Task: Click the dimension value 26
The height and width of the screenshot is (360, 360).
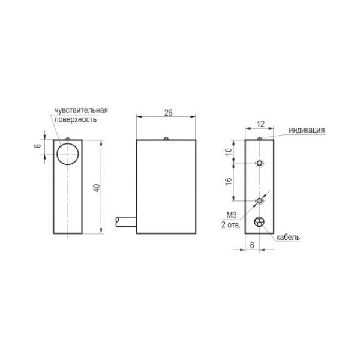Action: (168, 113)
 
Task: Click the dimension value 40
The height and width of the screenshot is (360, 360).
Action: (97, 188)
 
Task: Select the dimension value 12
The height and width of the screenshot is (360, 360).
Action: (260, 124)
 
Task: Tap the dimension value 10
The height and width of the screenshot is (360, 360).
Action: (229, 152)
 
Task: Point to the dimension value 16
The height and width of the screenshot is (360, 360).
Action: (229, 181)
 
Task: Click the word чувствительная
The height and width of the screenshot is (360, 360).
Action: (81, 110)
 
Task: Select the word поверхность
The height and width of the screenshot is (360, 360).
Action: (76, 119)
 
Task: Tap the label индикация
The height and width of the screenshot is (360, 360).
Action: (307, 130)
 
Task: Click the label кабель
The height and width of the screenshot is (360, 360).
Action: (288, 237)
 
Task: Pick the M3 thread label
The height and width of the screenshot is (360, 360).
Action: (232, 215)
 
